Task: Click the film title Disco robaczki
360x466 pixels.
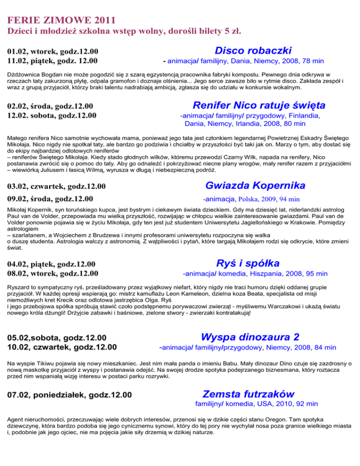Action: tap(253, 50)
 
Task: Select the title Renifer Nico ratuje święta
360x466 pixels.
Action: tap(259, 105)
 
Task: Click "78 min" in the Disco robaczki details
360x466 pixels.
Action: tap(311, 61)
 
